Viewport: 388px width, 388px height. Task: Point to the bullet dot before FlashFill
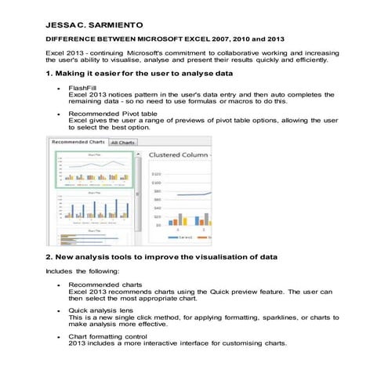coord(60,89)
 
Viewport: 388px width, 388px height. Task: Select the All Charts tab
coord(122,143)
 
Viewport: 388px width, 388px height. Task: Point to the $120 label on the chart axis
coord(156,174)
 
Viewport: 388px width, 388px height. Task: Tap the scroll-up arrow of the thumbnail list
coord(137,153)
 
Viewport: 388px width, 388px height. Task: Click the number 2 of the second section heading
coord(49,256)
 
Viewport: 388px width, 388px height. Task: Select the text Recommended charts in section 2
coord(105,285)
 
